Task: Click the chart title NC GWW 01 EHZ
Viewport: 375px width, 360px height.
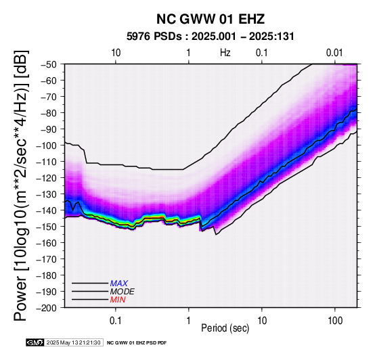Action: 211,19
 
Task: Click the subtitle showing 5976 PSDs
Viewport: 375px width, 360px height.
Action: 211,37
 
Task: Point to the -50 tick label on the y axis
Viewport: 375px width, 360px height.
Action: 48,64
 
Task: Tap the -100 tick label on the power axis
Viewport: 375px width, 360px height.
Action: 46,145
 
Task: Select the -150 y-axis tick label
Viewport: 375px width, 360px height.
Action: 46,227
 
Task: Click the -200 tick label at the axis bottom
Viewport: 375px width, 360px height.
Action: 46,308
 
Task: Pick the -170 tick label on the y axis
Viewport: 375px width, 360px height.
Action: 46,259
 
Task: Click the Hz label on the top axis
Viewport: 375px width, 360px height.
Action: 225,53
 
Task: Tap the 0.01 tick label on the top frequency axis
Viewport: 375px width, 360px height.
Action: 334,53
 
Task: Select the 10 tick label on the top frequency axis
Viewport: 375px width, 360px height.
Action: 116,53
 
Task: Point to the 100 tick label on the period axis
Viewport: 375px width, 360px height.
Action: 335,321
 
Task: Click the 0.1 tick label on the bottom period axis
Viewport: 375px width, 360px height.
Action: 116,321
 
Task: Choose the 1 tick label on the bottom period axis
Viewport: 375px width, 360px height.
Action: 189,321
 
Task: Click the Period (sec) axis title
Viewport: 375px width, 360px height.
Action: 225,328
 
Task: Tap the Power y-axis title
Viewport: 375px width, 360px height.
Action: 21,185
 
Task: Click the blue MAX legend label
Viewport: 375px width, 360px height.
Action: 119,284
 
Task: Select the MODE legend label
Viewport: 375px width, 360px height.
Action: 123,292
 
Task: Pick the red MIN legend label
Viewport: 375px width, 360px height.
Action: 118,300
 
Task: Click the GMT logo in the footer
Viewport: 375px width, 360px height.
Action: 35,343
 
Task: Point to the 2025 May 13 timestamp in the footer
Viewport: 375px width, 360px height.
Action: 73,343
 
